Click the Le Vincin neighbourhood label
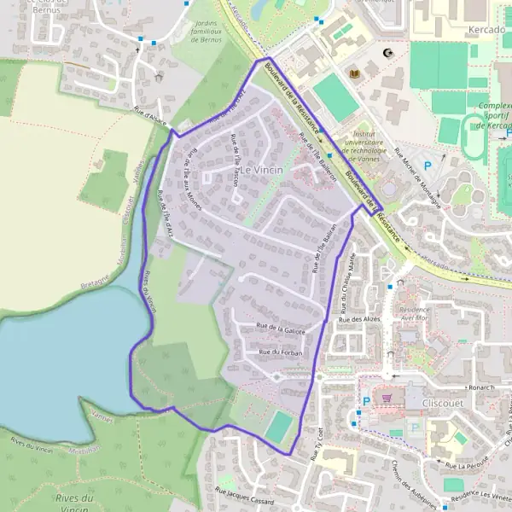pos(262,170)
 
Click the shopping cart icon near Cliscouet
pos(387,397)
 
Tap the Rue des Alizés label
pos(359,320)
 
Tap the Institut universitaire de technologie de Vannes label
pos(369,147)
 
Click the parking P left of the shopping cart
pos(367,401)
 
